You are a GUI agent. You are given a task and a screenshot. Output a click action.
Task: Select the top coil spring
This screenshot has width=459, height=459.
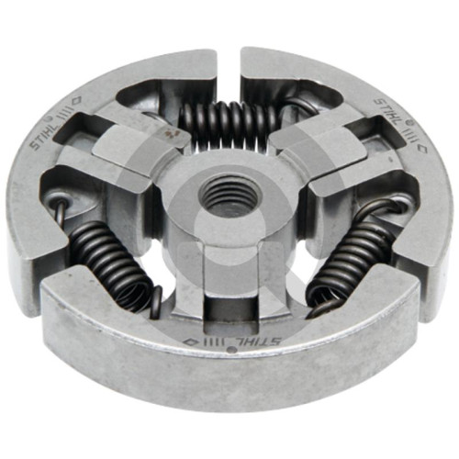point(230,125)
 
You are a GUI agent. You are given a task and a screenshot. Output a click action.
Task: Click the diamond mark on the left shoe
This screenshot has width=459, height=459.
point(76,100)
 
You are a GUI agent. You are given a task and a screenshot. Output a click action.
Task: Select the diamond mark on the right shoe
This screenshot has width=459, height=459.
point(421,148)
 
